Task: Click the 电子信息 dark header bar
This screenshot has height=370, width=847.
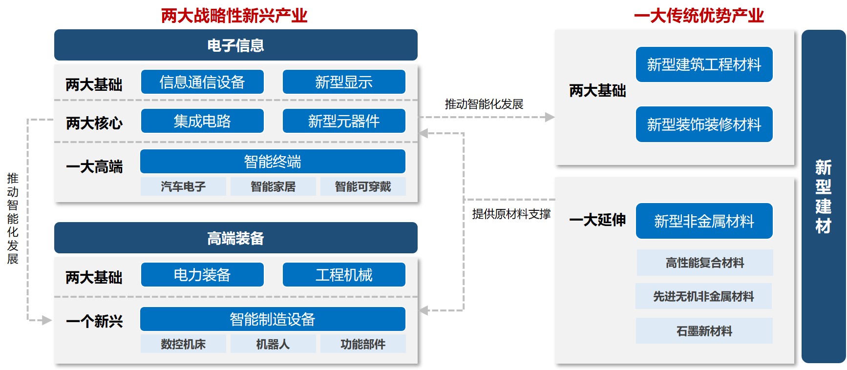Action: [x=235, y=45]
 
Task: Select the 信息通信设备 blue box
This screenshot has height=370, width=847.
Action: [x=202, y=82]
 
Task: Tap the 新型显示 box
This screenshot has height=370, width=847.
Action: [x=344, y=82]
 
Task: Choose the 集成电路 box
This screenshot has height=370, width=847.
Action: [x=202, y=121]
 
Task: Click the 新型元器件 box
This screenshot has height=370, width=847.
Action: [x=344, y=121]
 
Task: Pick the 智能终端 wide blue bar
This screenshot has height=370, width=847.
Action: [x=273, y=161]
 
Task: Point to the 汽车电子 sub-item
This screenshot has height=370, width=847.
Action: [x=183, y=186]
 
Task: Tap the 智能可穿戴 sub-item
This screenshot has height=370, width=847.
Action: [x=363, y=186]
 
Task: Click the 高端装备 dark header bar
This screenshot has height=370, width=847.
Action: [x=235, y=238]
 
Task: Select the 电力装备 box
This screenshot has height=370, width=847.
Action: [x=202, y=274]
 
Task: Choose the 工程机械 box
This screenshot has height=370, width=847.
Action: [x=344, y=274]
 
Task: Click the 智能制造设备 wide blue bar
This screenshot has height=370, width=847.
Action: [x=273, y=319]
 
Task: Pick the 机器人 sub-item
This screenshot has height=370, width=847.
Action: [x=273, y=344]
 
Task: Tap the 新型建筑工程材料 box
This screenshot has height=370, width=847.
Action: [x=704, y=64]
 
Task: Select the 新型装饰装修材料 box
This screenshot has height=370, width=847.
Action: [x=704, y=124]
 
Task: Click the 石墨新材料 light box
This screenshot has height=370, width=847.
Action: [x=704, y=331]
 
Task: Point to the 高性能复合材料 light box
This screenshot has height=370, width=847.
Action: [x=705, y=263]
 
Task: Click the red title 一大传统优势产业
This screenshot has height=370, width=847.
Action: [x=699, y=16]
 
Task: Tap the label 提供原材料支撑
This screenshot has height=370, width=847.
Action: [x=511, y=214]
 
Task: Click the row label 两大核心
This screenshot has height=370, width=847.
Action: [x=94, y=123]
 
